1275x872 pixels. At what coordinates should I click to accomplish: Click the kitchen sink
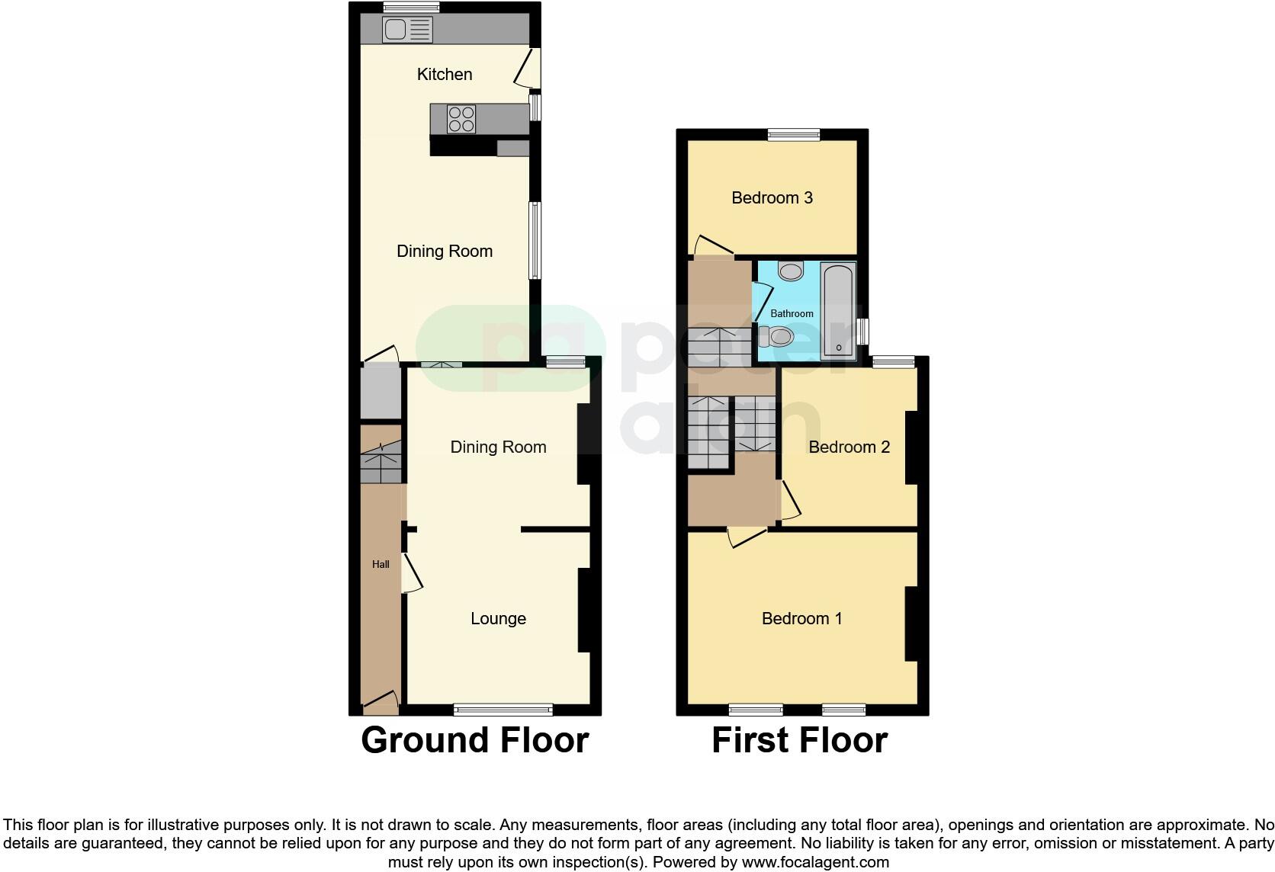coord(407,30)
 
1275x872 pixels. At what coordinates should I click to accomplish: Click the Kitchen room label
coord(445,74)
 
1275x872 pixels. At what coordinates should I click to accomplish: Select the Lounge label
coord(498,619)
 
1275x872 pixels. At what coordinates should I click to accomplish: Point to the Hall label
coord(381,565)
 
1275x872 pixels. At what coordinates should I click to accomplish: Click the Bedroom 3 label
coord(772,198)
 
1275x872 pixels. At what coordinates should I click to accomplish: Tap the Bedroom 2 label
coord(849,447)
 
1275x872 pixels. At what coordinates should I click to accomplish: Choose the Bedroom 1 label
coord(801,618)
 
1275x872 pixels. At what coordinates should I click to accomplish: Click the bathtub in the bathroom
coord(838,310)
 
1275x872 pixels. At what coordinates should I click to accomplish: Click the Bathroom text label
coord(792,314)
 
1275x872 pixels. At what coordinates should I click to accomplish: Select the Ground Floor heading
coord(474,740)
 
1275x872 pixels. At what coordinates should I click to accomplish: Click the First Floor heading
coord(799,740)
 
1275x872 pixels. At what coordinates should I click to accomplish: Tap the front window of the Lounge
coord(503,710)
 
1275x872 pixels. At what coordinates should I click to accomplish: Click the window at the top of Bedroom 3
coord(794,135)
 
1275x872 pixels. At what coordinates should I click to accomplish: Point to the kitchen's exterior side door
coord(528,67)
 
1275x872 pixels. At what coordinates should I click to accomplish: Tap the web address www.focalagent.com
coord(815,863)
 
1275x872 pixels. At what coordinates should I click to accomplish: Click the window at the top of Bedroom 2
coord(894,362)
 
